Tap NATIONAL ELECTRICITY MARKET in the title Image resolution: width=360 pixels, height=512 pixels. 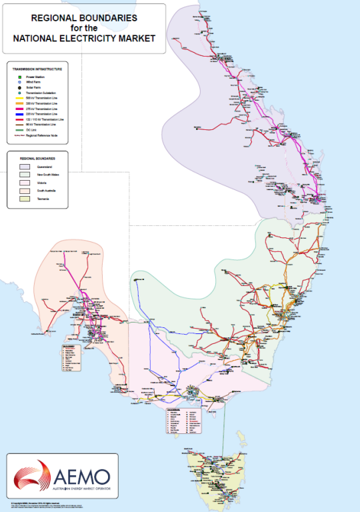tap(84, 39)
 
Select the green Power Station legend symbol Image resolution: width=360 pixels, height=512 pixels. tap(21, 77)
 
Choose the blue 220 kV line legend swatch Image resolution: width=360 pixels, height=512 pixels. tap(21, 115)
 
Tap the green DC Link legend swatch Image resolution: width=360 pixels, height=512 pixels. tap(21, 130)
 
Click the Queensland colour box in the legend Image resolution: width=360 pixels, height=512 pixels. tap(25, 166)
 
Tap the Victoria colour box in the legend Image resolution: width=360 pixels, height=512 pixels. tap(25, 182)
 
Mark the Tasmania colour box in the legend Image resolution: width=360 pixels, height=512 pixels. tap(25, 199)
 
